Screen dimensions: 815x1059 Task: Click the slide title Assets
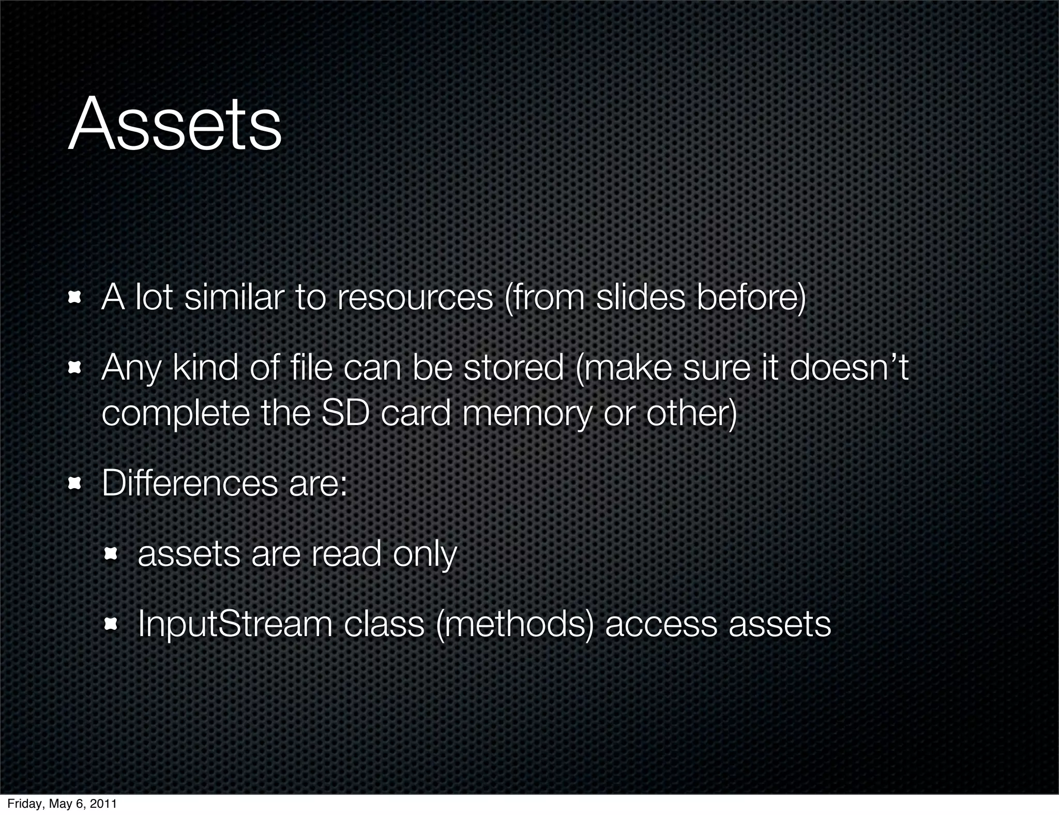(x=175, y=124)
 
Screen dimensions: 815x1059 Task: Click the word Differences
(x=189, y=484)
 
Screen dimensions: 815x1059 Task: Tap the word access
(x=661, y=625)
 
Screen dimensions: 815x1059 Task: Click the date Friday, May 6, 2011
(x=62, y=804)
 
